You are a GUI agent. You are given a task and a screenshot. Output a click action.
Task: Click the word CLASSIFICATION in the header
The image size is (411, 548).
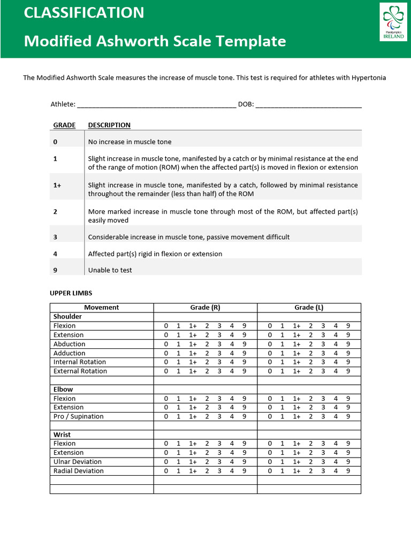point(83,13)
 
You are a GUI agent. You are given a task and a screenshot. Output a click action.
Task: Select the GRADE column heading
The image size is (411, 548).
point(64,125)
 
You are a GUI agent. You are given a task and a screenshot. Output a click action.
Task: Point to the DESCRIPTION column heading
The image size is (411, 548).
point(109,125)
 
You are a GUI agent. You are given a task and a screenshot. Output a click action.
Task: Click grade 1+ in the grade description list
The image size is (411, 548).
point(57,185)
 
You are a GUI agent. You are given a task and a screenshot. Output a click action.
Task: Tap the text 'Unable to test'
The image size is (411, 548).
point(110,270)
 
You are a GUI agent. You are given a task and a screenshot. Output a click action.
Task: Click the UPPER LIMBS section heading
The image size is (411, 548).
point(71,293)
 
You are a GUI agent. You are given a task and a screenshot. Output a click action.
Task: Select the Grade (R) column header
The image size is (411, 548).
point(205,308)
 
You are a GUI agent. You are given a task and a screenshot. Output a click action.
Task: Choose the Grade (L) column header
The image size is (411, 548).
point(309,308)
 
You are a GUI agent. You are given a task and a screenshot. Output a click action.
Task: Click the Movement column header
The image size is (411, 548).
point(102,308)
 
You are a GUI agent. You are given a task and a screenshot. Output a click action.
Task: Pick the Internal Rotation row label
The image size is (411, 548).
point(79,362)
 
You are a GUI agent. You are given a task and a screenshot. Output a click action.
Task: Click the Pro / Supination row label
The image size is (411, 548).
point(78,416)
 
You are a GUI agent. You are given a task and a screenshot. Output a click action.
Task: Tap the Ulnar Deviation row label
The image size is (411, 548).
point(77,462)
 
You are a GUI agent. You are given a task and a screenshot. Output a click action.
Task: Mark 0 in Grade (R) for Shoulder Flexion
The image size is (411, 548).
point(166,326)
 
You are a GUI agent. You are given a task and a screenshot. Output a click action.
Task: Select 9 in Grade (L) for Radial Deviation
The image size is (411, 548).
point(348,471)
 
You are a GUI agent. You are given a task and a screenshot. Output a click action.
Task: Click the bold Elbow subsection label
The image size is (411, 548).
point(63,390)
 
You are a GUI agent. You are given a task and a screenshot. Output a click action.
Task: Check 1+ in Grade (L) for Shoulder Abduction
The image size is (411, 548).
point(296,344)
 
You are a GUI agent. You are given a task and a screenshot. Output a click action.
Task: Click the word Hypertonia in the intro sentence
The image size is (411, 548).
point(368,78)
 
